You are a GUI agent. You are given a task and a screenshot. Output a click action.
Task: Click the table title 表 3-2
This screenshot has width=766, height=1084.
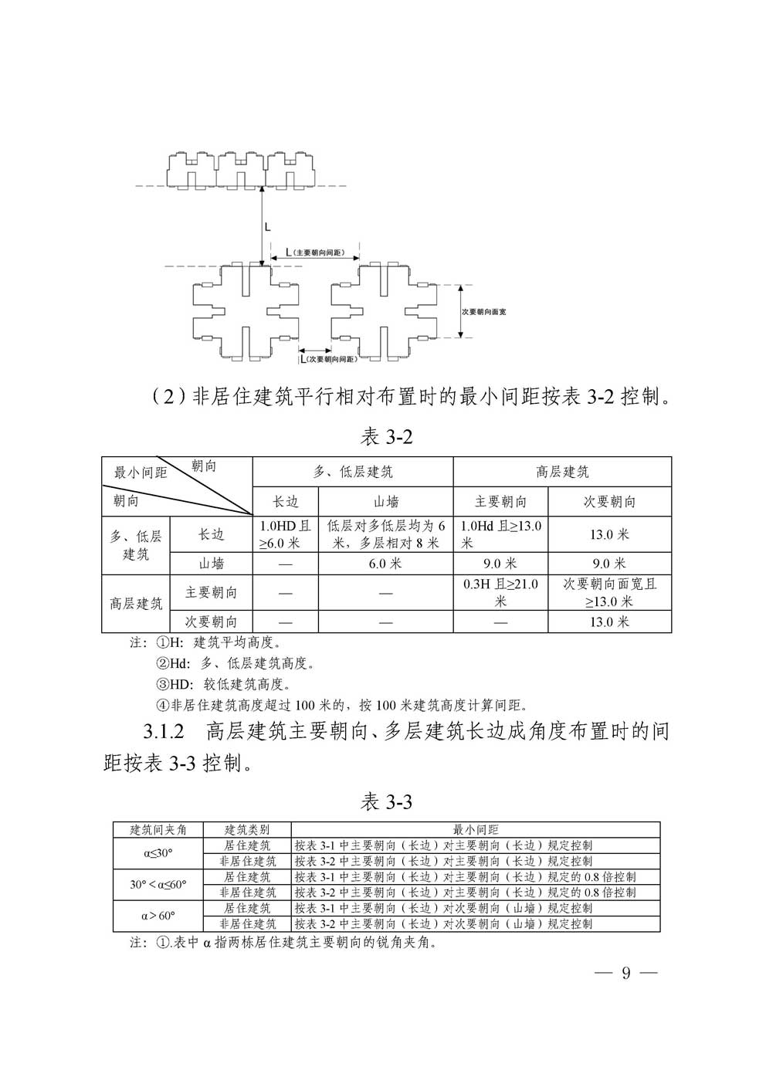387,437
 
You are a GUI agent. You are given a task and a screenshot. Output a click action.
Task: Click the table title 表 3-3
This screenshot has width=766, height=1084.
386,802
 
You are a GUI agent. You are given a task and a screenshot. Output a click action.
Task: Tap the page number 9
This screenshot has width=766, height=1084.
625,973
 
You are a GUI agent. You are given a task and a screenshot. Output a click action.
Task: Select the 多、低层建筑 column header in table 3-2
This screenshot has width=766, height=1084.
353,472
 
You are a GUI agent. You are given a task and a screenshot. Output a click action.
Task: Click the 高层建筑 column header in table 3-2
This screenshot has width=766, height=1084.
562,472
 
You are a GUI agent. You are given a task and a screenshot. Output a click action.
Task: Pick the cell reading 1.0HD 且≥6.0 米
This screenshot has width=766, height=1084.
286,534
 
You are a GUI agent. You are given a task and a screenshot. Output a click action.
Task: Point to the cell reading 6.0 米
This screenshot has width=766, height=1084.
385,564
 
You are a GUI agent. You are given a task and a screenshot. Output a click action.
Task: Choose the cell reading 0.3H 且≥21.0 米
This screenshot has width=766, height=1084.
500,592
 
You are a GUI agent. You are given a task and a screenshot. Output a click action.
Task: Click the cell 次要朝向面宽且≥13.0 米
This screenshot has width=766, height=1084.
609,592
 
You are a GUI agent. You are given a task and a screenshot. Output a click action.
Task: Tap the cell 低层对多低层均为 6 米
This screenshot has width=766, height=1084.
385,534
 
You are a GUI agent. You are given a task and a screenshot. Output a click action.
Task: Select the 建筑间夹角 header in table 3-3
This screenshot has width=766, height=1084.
158,830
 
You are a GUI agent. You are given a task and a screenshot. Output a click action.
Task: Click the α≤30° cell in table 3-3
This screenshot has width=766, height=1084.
158,853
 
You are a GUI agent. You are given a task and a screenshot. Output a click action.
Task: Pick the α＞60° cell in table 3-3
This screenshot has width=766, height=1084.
158,916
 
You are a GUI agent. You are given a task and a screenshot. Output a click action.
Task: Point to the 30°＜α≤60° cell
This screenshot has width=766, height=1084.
158,885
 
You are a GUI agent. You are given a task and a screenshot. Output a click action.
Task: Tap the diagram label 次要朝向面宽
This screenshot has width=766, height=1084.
483,311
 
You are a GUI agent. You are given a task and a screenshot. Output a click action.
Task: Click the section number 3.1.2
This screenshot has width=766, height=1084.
164,731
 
